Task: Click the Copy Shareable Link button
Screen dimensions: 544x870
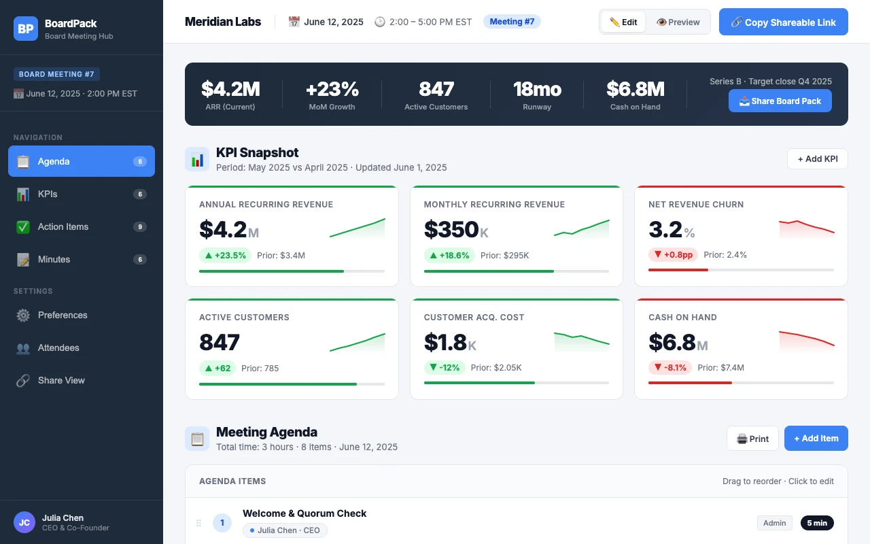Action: tap(783, 22)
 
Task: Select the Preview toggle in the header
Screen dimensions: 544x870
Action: tap(678, 22)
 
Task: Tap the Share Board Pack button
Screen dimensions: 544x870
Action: tap(780, 101)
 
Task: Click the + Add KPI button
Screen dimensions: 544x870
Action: tap(817, 158)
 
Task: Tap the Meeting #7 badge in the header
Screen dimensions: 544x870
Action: tap(512, 22)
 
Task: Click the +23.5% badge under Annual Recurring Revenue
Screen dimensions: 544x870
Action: tap(225, 255)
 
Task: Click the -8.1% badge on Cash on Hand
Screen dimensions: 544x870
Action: tap(670, 367)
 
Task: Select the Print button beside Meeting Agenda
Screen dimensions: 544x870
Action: tap(752, 439)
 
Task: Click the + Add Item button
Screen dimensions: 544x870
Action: tap(816, 439)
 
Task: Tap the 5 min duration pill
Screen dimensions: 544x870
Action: tap(817, 523)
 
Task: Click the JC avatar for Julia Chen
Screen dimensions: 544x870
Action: tap(24, 522)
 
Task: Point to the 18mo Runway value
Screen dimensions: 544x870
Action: tap(537, 89)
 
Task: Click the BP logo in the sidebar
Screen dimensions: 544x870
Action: tap(26, 29)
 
